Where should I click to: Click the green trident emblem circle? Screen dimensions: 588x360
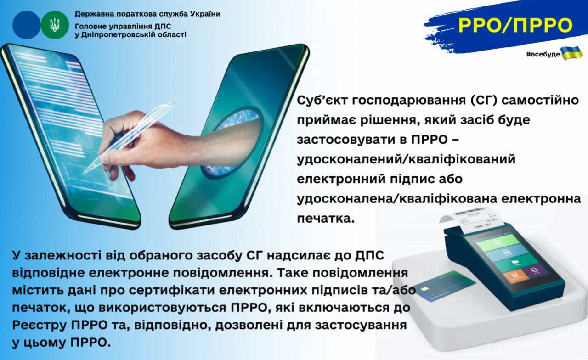(x=55, y=25)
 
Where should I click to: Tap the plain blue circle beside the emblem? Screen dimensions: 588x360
(x=27, y=25)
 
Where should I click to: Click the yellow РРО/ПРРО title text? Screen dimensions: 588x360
(x=515, y=25)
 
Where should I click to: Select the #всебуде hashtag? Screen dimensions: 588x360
(x=543, y=54)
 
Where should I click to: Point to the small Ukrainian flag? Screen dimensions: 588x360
(x=571, y=53)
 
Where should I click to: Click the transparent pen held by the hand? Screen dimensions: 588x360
(x=129, y=136)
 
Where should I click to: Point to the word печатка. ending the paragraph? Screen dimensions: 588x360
(x=326, y=219)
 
